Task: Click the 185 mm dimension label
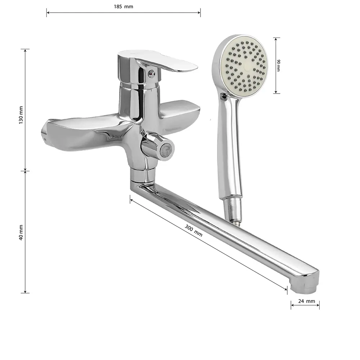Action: click(x=123, y=6)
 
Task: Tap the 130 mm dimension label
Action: click(x=21, y=115)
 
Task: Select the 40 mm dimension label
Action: click(x=21, y=232)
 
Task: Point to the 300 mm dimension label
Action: click(x=194, y=230)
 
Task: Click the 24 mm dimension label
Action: click(x=306, y=301)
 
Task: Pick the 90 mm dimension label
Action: click(x=279, y=66)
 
